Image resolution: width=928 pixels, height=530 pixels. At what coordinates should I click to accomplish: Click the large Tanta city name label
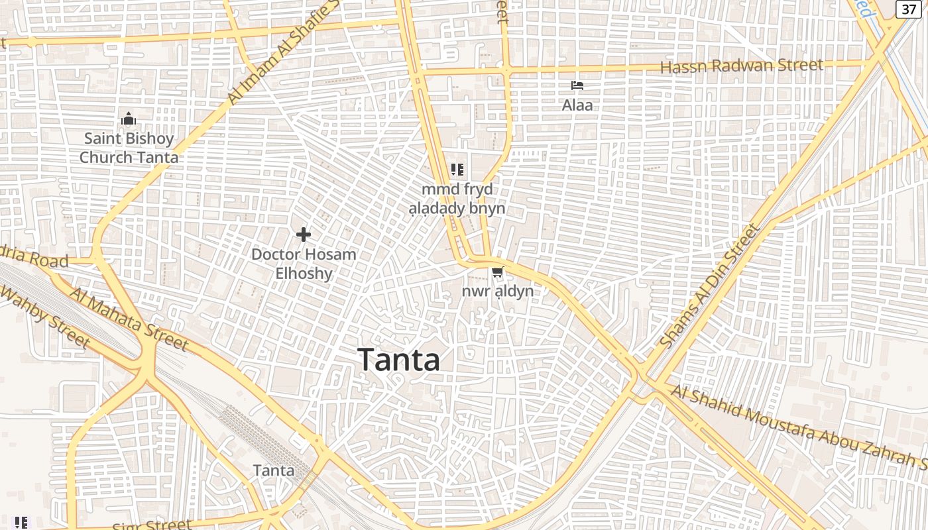[399, 360]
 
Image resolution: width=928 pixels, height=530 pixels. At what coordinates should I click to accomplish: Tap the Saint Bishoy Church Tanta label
[129, 148]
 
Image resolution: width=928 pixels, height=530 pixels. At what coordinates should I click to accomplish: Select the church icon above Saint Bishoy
[129, 119]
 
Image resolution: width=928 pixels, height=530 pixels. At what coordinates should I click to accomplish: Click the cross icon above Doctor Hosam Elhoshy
[304, 235]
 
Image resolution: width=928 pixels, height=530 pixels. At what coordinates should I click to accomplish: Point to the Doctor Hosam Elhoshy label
[304, 263]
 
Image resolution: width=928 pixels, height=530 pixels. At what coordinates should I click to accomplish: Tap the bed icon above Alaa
[577, 85]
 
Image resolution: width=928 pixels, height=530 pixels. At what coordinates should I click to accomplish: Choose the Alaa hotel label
[577, 105]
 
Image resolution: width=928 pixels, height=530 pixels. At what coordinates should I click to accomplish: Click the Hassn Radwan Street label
[741, 66]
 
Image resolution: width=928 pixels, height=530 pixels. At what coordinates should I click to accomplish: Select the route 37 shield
[908, 9]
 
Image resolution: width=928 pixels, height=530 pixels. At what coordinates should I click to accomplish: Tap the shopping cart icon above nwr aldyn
[497, 272]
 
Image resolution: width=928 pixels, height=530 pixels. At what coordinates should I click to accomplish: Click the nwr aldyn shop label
[497, 291]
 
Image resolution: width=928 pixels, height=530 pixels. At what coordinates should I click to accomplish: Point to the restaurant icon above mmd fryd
[457, 170]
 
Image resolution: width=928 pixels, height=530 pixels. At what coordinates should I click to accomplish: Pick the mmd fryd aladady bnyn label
[457, 199]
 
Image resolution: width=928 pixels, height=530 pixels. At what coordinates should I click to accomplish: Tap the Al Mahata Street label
[129, 319]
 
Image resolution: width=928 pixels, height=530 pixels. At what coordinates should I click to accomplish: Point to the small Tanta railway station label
[273, 470]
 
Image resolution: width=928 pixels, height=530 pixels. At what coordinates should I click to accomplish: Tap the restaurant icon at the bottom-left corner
[21, 522]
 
